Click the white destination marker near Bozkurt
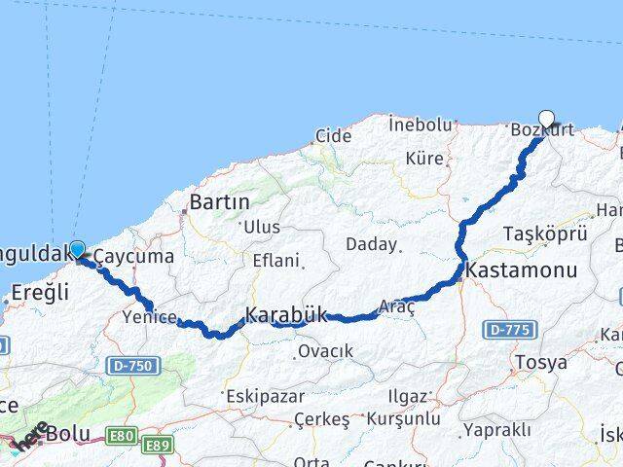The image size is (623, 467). click(546, 120)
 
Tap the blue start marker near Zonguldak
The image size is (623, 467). click(77, 249)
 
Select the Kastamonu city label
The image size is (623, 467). click(522, 270)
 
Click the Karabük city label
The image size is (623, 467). click(284, 315)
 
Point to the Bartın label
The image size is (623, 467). click(220, 202)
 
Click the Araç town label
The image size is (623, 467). click(397, 306)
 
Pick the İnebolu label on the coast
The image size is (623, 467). click(421, 125)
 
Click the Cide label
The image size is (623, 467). click(333, 136)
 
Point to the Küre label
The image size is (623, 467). click(424, 158)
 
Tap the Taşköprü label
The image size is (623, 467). click(545, 233)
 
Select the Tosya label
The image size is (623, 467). click(542, 362)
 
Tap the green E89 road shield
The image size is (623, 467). click(157, 445)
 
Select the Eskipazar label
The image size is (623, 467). click(265, 397)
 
